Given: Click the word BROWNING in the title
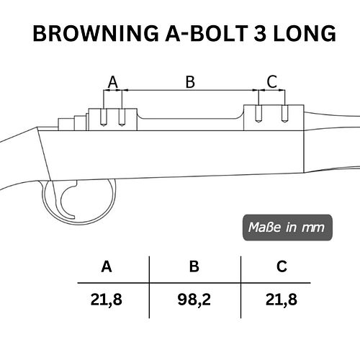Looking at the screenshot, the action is coord(96,33).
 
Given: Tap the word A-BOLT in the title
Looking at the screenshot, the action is coord(207,33).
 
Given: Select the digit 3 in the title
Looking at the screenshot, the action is coord(260,33).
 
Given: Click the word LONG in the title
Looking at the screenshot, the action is coord(305,33).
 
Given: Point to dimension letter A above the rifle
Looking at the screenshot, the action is coord(113,82).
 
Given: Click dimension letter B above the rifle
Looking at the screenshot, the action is coord(190,82).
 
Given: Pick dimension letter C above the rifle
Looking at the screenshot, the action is coord(272,82).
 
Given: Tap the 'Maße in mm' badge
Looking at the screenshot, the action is coord(287,228).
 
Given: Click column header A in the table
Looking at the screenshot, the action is coord(107,266).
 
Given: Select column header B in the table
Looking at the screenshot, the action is coord(194,266).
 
